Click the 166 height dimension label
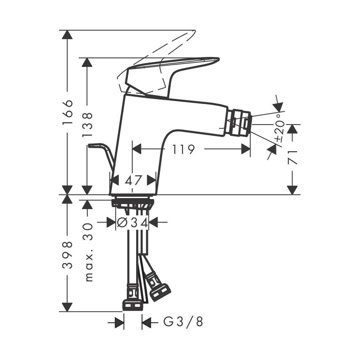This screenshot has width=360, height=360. [68, 112]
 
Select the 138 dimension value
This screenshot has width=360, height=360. [87, 125]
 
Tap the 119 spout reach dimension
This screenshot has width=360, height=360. [183, 149]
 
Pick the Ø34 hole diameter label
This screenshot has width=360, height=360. [132, 222]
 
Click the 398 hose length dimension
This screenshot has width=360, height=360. [68, 255]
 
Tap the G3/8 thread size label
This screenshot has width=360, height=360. [183, 322]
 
